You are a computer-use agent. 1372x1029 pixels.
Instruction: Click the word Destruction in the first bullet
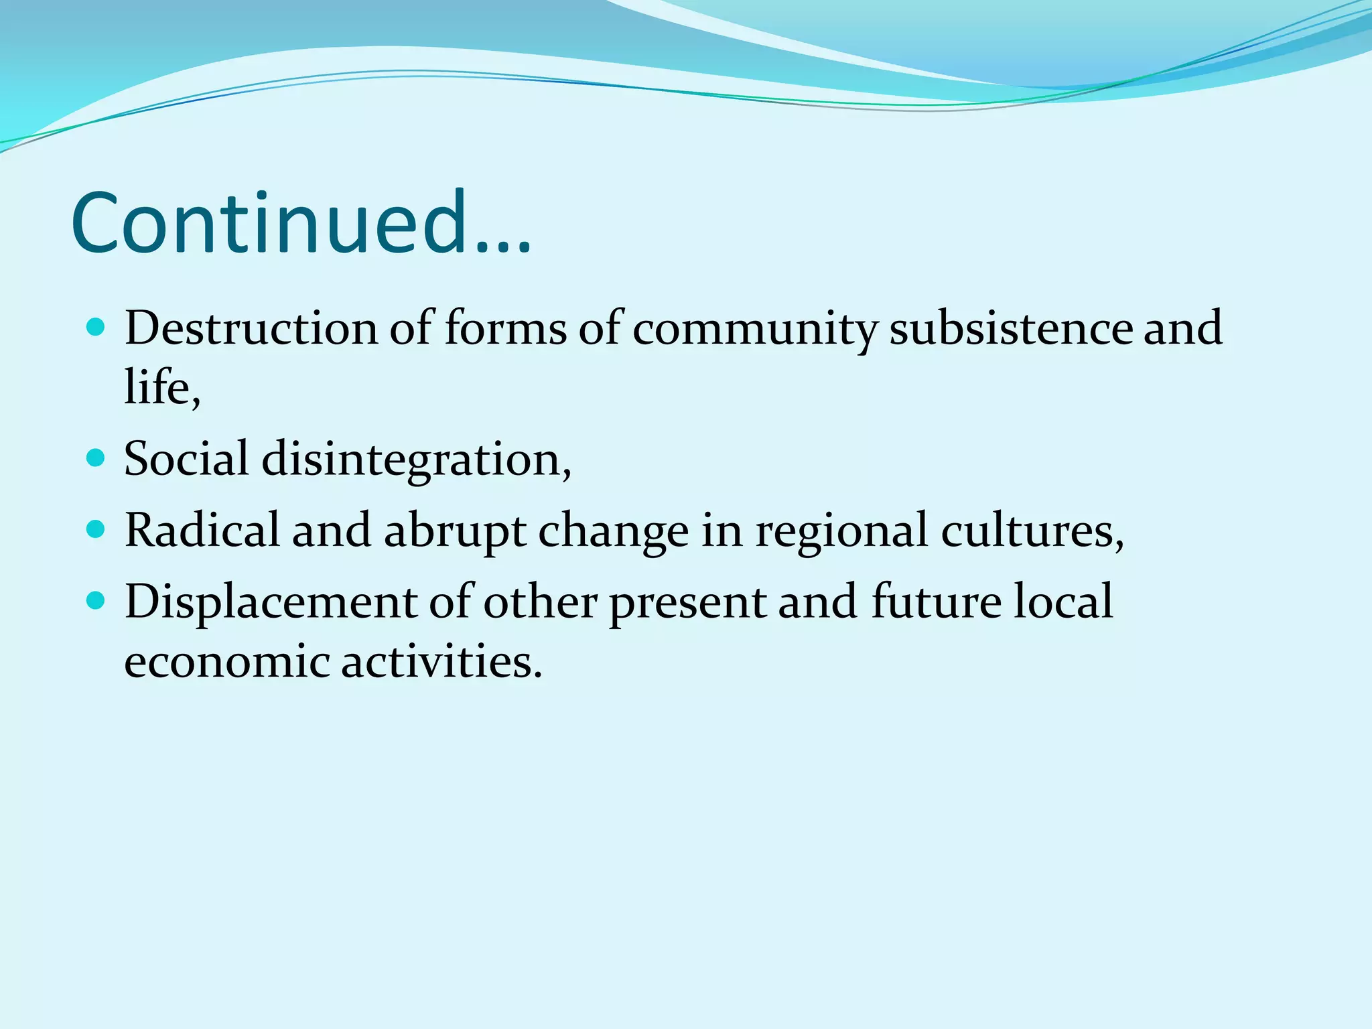coord(251,328)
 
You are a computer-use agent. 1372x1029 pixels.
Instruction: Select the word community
coord(754,330)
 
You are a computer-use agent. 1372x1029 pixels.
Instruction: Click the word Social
coord(186,460)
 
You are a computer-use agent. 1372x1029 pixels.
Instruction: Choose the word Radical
coord(202,531)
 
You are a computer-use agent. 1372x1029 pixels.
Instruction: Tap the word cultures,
coord(1032,531)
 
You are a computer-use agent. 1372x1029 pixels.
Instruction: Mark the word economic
coord(226,661)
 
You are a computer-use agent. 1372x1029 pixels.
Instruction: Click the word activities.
coord(441,661)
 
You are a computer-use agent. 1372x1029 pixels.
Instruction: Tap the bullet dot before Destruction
coord(96,328)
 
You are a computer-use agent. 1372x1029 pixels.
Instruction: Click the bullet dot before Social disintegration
coord(96,458)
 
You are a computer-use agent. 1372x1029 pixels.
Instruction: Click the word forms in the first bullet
coord(506,328)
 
